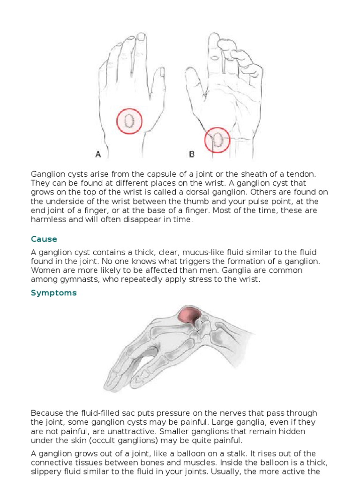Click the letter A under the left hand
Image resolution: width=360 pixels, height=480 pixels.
(98, 153)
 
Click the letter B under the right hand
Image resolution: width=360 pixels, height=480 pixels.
(192, 153)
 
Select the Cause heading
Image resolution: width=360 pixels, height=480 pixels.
(44, 239)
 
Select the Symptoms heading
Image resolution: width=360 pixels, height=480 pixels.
(54, 293)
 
